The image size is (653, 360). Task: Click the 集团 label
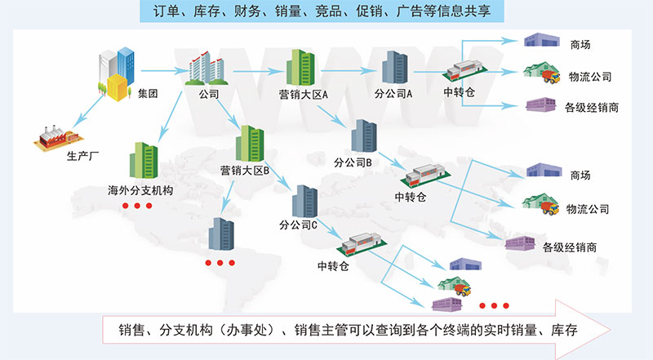click(x=148, y=93)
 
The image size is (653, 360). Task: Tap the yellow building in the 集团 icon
click(x=118, y=87)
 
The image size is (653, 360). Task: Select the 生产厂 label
click(x=82, y=158)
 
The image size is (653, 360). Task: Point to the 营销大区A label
click(x=303, y=94)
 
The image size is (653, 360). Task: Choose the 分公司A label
click(x=393, y=93)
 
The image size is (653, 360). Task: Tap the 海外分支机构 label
click(x=141, y=190)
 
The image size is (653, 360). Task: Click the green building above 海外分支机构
click(x=144, y=162)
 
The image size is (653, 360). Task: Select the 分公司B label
click(x=353, y=162)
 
